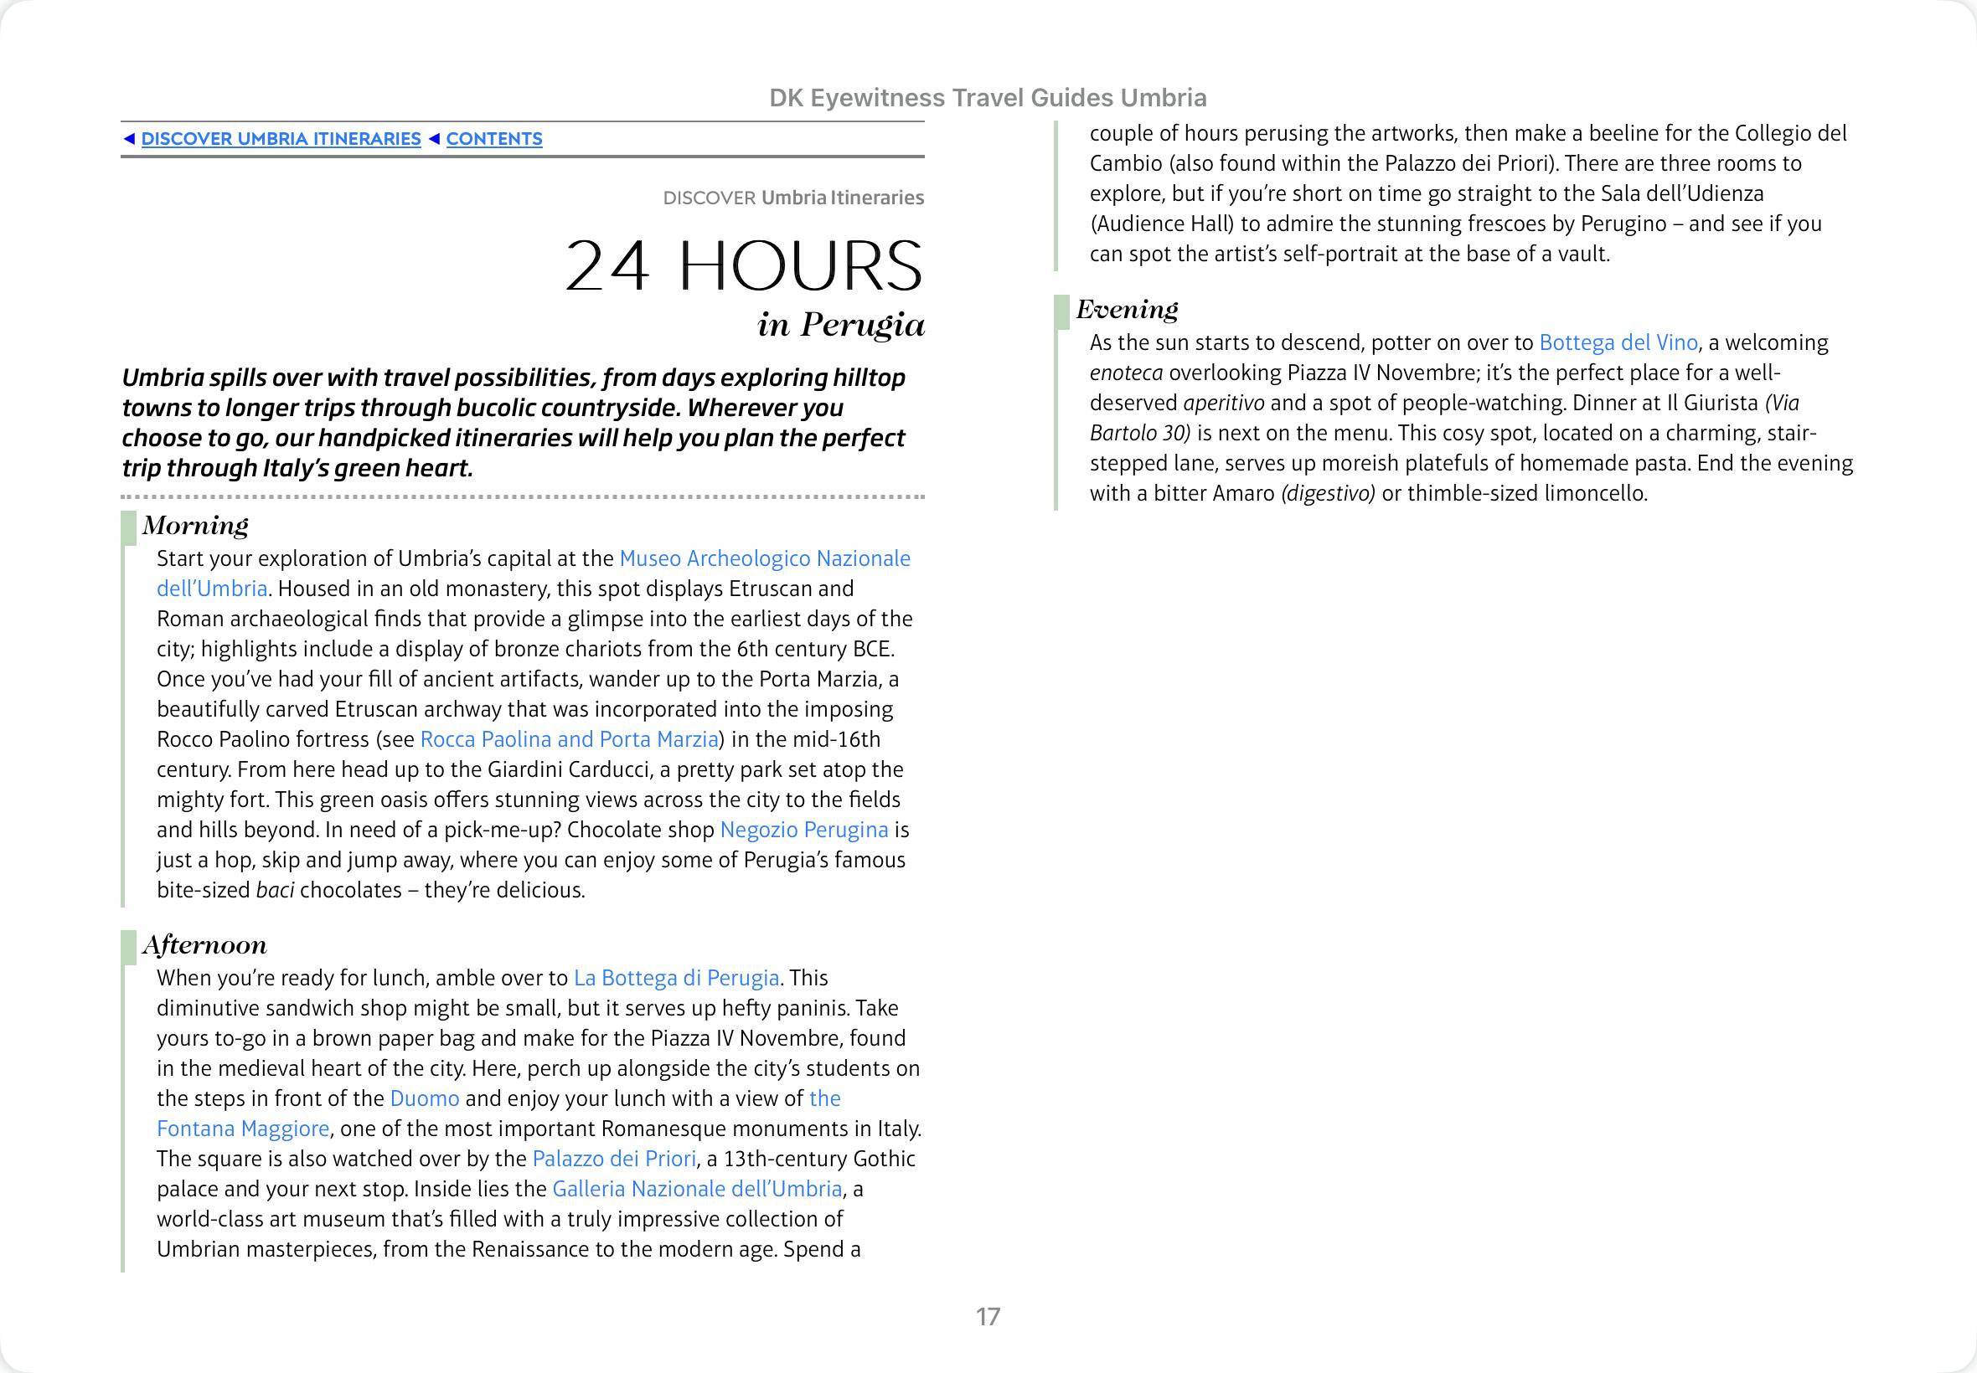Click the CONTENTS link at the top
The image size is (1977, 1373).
click(x=494, y=139)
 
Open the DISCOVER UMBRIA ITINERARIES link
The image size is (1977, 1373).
click(x=281, y=139)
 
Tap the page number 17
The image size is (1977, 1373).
click(x=988, y=1316)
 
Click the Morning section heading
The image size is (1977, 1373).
click(x=195, y=525)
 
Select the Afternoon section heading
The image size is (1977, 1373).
click(x=205, y=944)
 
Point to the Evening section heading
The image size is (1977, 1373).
click(x=1127, y=309)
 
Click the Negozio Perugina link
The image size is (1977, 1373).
click(x=804, y=830)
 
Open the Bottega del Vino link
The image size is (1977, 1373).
click(x=1618, y=343)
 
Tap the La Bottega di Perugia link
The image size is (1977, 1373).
click(x=677, y=978)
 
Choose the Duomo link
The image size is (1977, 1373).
click(x=425, y=1098)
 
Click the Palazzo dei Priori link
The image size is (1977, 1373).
click(x=614, y=1159)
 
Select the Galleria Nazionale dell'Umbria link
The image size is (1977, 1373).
click(x=697, y=1189)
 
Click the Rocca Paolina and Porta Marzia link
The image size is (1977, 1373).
click(x=569, y=740)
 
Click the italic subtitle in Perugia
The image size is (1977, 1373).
click(x=841, y=324)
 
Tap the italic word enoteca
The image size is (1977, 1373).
click(x=1126, y=373)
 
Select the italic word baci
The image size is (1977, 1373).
click(x=276, y=891)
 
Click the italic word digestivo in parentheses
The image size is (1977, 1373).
click(x=1328, y=494)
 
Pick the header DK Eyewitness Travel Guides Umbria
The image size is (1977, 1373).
click(x=987, y=98)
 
